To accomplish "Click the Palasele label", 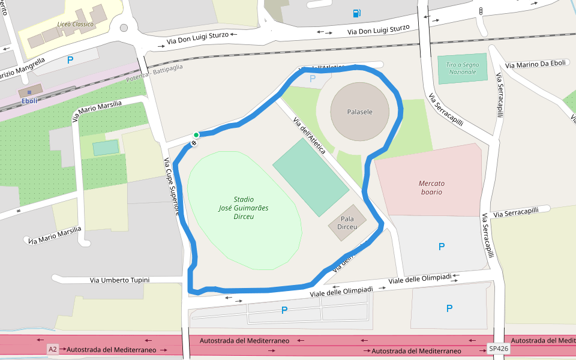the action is (x=359, y=112).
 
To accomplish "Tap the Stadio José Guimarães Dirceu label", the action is (x=243, y=208).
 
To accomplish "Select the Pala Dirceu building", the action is (x=347, y=223).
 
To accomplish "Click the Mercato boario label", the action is (x=431, y=187).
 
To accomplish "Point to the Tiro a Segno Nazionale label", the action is (x=463, y=68).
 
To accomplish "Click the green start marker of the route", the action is (x=196, y=135).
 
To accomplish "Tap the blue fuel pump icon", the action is (x=357, y=13).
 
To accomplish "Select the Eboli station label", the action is (x=29, y=101).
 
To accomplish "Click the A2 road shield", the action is (x=53, y=349).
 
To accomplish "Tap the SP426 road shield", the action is (x=498, y=349).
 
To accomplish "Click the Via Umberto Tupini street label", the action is (x=119, y=280).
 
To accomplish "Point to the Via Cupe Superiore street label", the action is (x=172, y=186).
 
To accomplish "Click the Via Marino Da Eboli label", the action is (x=535, y=64).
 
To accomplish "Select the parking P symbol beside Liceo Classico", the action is (x=70, y=60).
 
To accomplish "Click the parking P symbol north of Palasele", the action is (x=312, y=78).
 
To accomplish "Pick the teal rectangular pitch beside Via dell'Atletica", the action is (x=310, y=178).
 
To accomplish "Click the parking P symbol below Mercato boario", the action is (x=442, y=247).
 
